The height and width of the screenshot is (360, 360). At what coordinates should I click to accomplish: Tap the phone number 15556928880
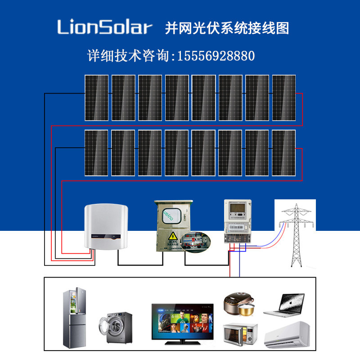(216, 56)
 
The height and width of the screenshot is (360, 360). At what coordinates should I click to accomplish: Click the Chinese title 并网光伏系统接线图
(227, 28)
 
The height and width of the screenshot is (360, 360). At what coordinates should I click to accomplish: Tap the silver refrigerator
(75, 319)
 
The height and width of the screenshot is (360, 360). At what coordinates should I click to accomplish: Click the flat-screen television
(182, 321)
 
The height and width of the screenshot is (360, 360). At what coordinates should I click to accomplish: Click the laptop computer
(284, 305)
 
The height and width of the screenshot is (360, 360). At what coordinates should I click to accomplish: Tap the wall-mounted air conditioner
(286, 335)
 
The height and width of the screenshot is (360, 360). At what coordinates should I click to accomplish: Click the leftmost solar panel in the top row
(96, 98)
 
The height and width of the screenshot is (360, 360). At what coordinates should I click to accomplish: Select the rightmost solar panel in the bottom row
(283, 153)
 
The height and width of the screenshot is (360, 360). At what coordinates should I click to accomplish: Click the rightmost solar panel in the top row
(283, 98)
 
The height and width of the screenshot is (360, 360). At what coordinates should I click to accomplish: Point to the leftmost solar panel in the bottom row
(96, 153)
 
